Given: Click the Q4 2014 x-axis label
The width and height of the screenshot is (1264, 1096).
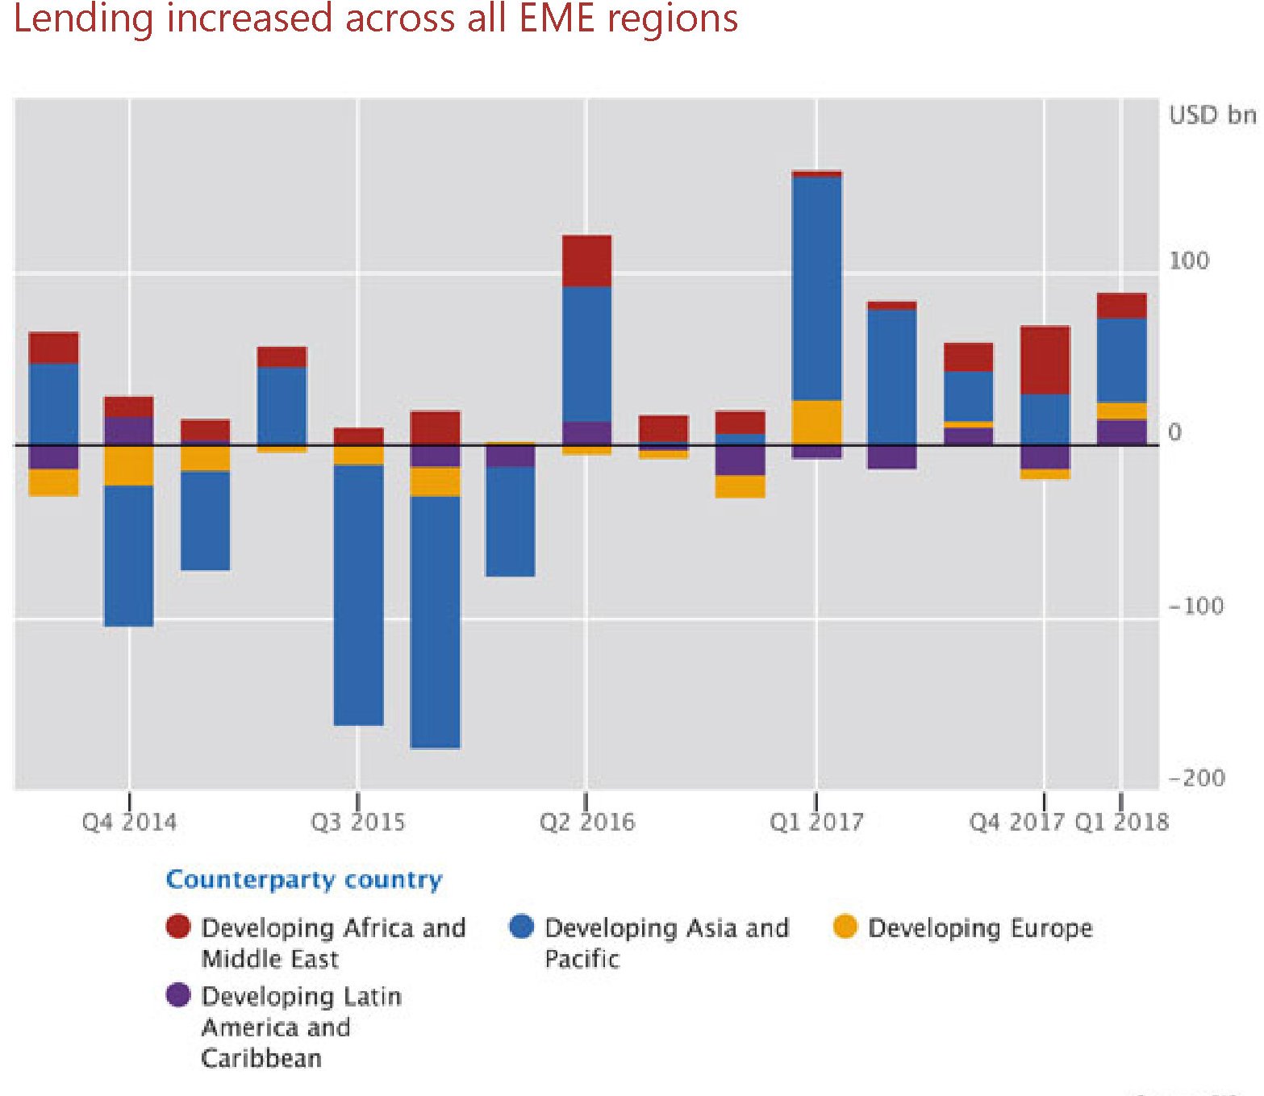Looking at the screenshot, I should (129, 822).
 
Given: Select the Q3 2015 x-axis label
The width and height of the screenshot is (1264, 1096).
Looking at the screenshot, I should (357, 822).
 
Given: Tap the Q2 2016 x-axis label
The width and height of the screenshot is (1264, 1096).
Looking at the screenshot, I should (586, 822).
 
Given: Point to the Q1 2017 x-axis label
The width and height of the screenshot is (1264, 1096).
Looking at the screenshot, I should (816, 822).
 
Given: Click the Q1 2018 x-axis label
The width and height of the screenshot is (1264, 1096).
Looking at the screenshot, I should (1121, 822).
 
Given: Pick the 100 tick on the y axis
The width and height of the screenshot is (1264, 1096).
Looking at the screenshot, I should (1189, 261).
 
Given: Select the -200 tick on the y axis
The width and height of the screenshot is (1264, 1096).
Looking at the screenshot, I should (1196, 778).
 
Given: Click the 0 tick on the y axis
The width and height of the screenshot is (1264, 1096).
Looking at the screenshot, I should (1174, 432).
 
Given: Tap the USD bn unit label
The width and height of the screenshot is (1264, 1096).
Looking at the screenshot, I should (1212, 115).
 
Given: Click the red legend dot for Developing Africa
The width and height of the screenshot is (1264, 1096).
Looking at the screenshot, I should (177, 927).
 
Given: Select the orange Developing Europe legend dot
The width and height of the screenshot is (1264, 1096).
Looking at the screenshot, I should (845, 927).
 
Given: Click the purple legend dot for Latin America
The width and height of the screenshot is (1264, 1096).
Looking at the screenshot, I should (177, 995).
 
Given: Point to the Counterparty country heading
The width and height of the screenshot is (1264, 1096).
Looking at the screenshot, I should (304, 879).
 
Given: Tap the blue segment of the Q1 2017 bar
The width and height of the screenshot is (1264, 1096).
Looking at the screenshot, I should (816, 288).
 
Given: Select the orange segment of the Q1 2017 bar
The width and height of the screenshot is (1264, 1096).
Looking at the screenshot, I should (816, 422).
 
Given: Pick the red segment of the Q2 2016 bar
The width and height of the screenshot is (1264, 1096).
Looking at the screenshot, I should (586, 260).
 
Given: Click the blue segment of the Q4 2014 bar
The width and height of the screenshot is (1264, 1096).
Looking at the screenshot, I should (128, 556).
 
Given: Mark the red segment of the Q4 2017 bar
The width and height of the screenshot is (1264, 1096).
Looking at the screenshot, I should (1045, 360).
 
